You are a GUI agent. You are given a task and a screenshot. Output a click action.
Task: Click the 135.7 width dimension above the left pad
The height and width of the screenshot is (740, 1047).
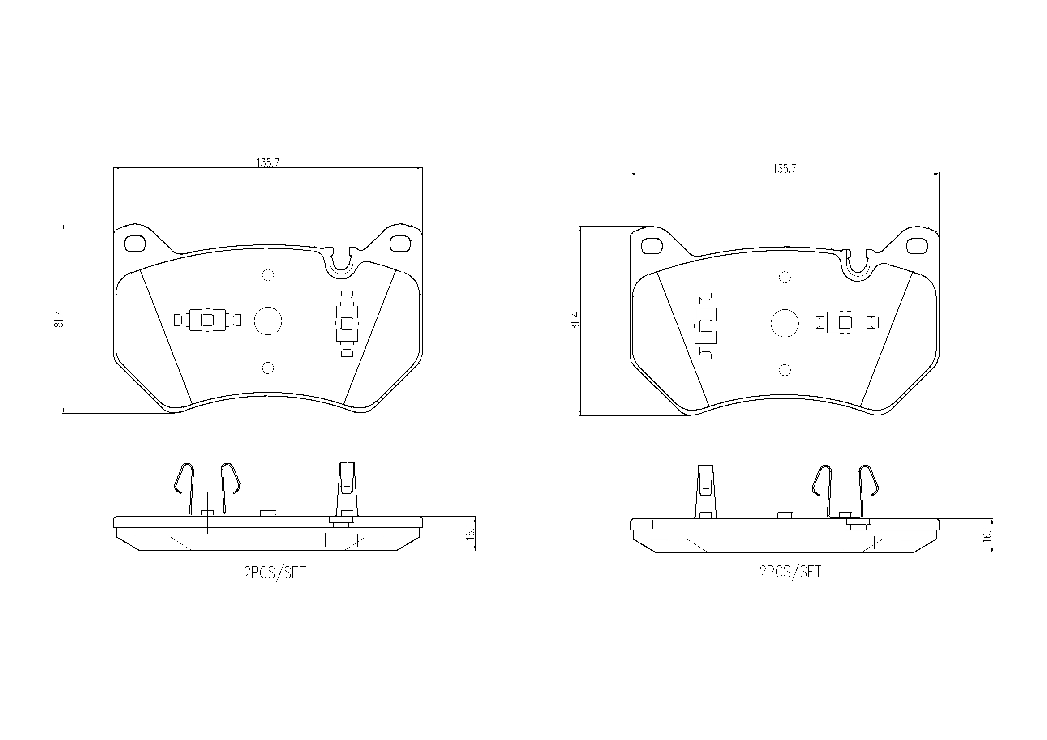268,163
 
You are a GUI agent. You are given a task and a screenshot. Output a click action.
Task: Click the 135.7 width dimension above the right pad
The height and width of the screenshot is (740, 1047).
784,168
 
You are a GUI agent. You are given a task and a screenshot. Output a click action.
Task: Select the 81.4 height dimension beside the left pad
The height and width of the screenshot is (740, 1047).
58,318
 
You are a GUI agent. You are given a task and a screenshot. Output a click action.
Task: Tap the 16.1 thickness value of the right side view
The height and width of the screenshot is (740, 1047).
988,535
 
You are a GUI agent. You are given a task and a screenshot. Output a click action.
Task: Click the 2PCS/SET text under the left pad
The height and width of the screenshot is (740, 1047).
275,573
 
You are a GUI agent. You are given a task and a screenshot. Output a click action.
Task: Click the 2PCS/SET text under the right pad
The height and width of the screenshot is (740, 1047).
791,571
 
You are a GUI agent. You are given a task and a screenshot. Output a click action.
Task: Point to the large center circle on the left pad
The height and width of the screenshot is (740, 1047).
268,321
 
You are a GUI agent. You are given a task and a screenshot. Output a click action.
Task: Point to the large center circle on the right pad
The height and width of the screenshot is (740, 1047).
784,323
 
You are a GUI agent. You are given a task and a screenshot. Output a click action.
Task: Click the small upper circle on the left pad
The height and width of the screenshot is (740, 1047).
268,275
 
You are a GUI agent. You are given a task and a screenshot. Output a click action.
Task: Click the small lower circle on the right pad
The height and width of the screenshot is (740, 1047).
784,370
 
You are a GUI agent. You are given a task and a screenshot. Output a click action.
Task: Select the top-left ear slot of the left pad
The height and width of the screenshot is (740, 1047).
135,244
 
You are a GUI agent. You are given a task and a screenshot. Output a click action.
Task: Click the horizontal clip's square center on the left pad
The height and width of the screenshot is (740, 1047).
207,321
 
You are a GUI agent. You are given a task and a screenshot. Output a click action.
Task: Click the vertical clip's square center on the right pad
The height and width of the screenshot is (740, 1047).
705,325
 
